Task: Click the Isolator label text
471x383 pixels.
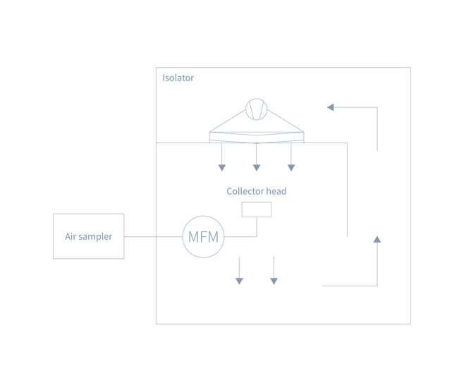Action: (178, 78)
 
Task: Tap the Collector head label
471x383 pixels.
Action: (256, 191)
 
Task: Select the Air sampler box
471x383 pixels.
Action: (88, 236)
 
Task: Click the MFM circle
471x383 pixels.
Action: (204, 236)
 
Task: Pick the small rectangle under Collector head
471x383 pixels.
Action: (257, 209)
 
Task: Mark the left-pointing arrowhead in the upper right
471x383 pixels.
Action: (330, 107)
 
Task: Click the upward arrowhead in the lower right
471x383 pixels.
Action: (377, 239)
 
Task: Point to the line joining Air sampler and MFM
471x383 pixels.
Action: (153, 237)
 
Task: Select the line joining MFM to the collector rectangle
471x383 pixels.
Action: (243, 237)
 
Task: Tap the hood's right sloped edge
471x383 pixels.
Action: (288, 120)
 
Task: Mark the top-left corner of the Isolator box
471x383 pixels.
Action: (156, 68)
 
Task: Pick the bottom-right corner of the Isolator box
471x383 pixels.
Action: (411, 324)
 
